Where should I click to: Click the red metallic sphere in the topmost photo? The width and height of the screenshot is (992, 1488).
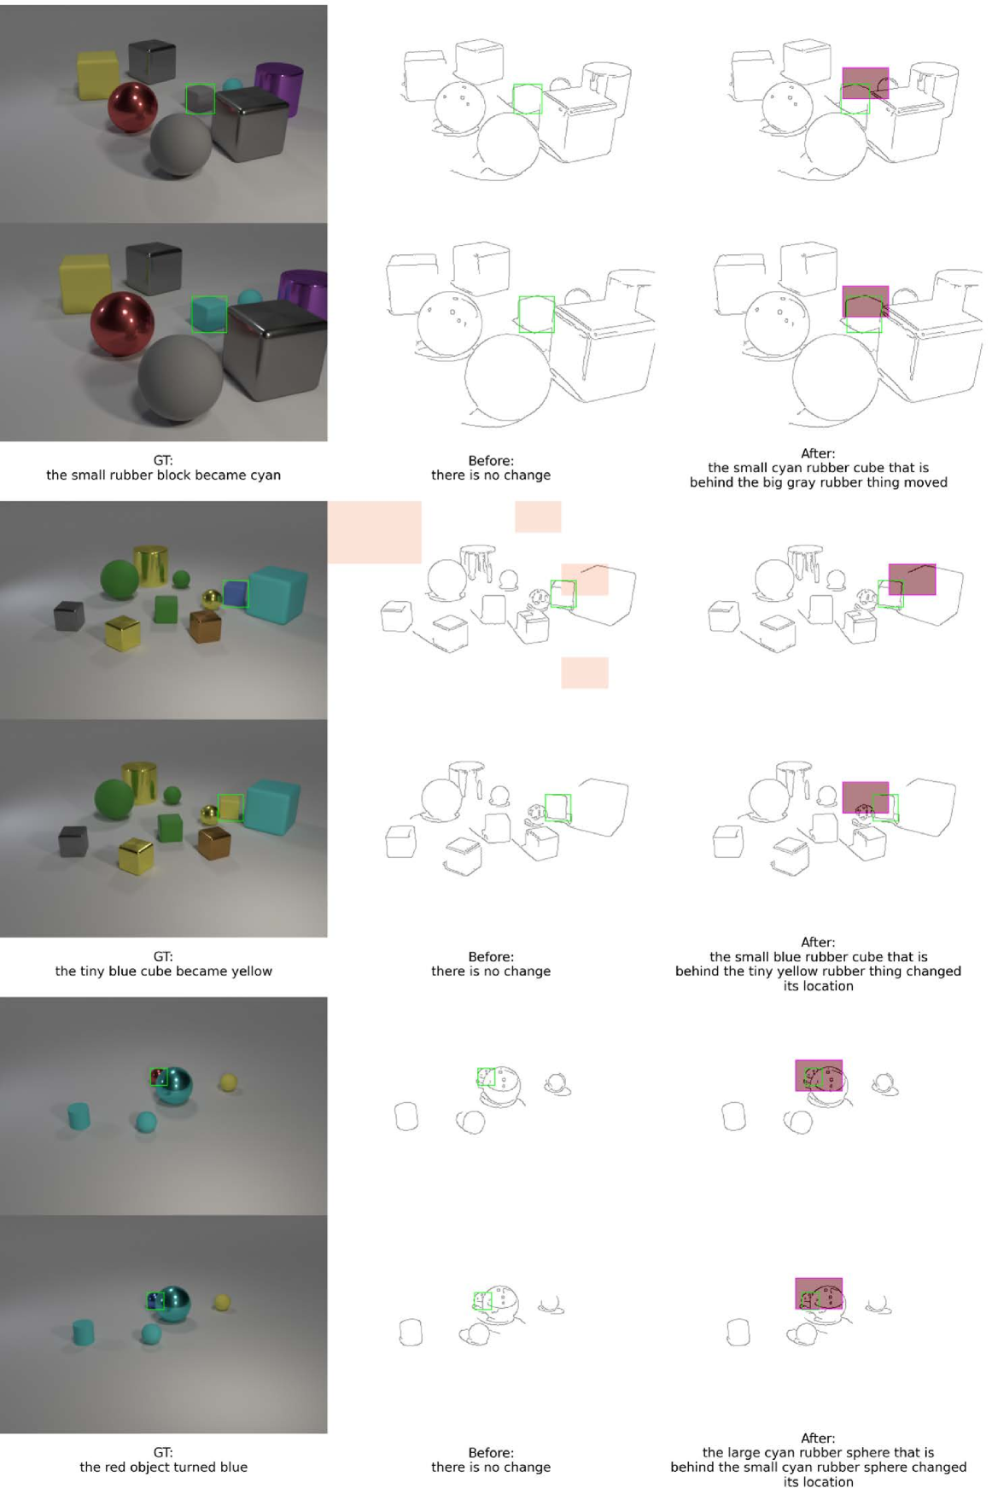click(x=132, y=108)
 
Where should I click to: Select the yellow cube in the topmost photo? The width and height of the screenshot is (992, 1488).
click(x=98, y=75)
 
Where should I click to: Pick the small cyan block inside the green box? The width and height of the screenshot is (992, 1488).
click(x=209, y=314)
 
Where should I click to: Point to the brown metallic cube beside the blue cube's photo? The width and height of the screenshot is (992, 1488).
click(x=205, y=626)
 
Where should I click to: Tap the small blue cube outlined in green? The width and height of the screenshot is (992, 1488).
click(x=236, y=593)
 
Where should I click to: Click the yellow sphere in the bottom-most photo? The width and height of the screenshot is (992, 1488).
click(x=222, y=1302)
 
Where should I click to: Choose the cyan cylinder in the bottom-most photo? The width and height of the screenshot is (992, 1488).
click(x=83, y=1332)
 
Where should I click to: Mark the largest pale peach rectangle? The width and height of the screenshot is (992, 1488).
click(x=375, y=532)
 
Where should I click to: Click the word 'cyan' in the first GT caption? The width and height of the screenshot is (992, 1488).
click(x=266, y=476)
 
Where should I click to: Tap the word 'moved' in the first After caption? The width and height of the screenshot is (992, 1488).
click(x=926, y=482)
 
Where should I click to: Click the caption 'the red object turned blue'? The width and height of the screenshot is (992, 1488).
click(x=163, y=1467)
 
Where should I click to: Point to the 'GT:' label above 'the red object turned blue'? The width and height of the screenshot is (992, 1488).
click(x=163, y=1452)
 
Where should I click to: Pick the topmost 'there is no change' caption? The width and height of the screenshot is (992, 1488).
click(x=491, y=476)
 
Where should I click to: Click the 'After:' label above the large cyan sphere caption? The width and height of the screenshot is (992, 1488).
click(x=818, y=1438)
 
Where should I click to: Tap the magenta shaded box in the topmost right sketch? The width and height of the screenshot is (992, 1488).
click(x=866, y=83)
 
